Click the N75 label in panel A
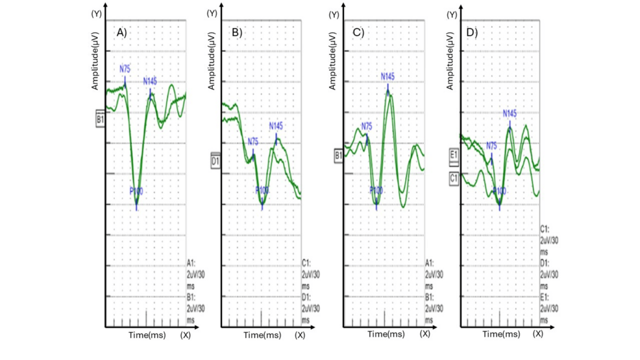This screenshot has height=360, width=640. tap(125, 68)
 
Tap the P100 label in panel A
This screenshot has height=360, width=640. tap(136, 191)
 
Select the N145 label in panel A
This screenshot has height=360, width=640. tap(151, 81)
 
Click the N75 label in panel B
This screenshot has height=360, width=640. tap(252, 141)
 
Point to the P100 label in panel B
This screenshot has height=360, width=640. tap(262, 190)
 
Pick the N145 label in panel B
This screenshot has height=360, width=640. tap(276, 126)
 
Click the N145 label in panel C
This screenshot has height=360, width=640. tap(388, 77)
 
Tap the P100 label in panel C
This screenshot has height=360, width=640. tap(376, 190)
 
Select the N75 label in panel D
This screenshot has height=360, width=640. tap(491, 146)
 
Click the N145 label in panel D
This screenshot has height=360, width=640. tap(510, 114)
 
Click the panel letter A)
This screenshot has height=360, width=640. tap(121, 32)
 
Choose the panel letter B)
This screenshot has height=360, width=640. tap(237, 32)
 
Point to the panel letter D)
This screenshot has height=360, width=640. tap(472, 32)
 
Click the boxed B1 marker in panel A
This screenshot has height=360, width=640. tap(100, 119)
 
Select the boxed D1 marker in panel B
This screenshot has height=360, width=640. tap(215, 159)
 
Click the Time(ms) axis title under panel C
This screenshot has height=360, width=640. tap(386, 335)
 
